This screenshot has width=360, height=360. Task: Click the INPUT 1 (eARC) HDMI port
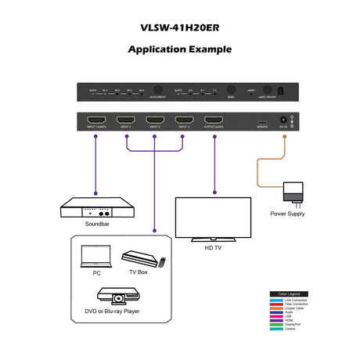[x=95, y=121]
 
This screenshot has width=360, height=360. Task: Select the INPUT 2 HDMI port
[x=124, y=121]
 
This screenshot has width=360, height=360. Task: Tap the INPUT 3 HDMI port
[x=153, y=121]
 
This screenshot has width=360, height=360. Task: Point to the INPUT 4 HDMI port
[x=183, y=121]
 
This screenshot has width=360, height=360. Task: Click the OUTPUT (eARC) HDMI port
[x=213, y=121]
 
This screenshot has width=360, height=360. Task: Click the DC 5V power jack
[x=284, y=121]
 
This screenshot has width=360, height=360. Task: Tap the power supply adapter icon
[x=293, y=191]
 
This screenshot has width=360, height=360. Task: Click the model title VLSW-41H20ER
[x=179, y=24]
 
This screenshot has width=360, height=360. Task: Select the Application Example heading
[x=179, y=49]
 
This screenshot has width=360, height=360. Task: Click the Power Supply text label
[x=287, y=214]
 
